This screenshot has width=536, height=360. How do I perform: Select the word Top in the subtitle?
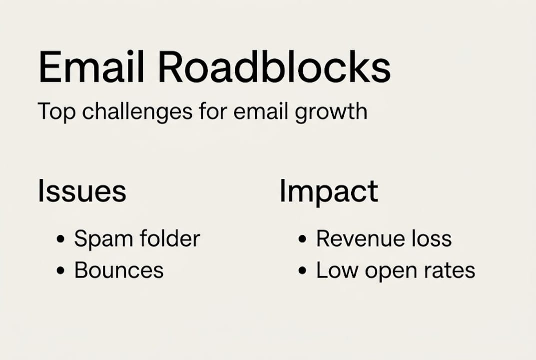tap(57, 111)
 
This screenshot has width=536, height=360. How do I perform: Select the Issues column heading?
tap(82, 191)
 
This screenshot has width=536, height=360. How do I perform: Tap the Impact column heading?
tap(328, 191)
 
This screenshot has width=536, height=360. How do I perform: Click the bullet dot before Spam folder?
tap(60, 239)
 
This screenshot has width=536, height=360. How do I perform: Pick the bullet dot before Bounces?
tap(60, 271)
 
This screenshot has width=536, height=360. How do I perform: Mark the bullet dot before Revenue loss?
tap(302, 239)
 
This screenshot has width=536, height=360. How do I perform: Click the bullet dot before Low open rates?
tap(302, 271)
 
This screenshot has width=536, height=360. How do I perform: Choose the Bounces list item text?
tap(119, 270)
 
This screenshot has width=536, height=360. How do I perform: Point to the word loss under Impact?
tap(431, 238)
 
